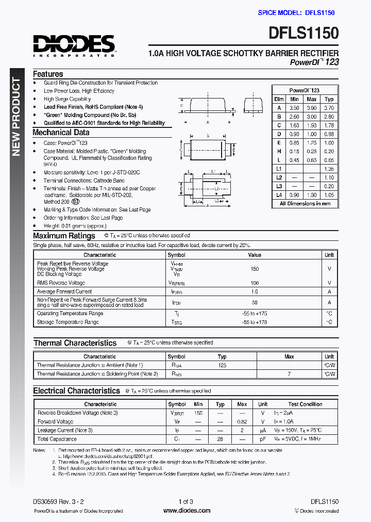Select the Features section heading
(48, 74)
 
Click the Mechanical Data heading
(61, 133)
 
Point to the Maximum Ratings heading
(64, 236)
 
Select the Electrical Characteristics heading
(77, 391)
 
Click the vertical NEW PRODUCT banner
(16, 117)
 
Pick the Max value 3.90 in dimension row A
(312, 108)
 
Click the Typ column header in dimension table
(329, 99)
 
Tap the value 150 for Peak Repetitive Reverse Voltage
(255, 269)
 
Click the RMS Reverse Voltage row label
(61, 283)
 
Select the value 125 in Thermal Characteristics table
(222, 365)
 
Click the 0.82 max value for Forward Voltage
(242, 421)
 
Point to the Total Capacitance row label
(57, 439)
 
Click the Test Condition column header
(305, 404)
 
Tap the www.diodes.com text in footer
(186, 511)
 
